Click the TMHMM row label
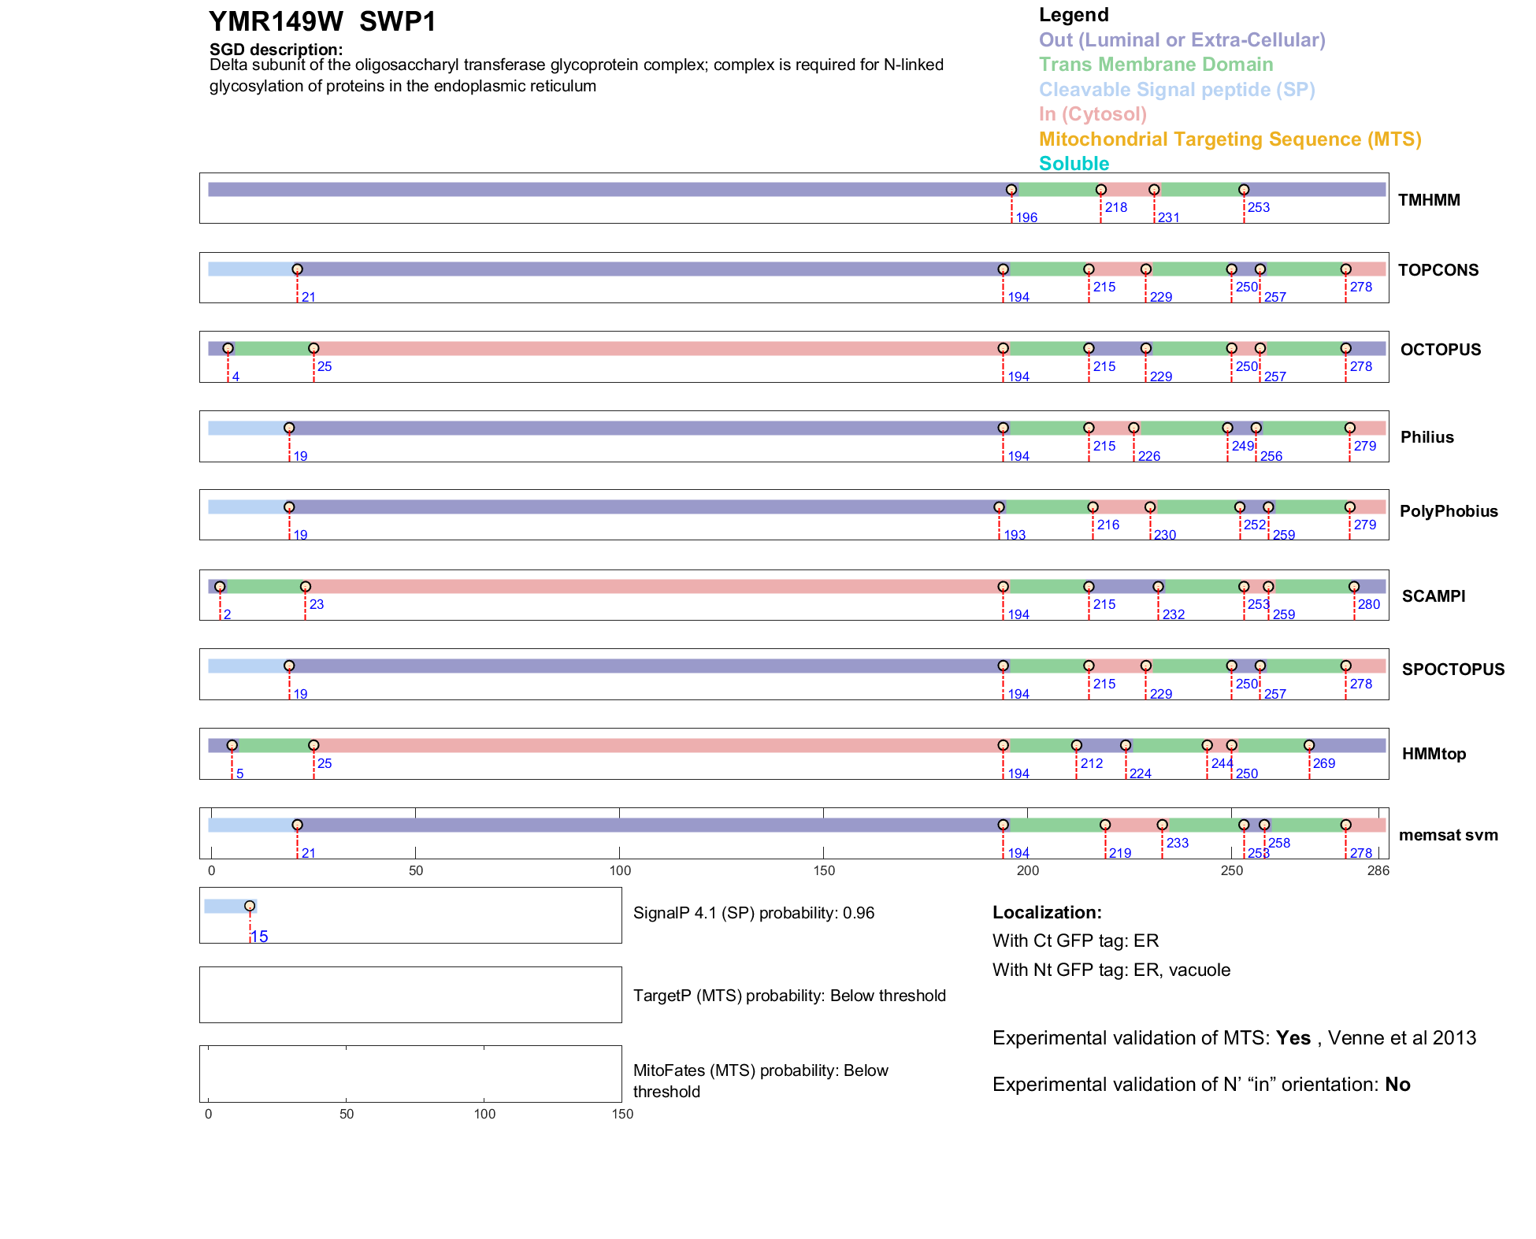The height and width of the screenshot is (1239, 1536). [x=1428, y=200]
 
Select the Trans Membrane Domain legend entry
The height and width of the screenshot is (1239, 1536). [x=1156, y=65]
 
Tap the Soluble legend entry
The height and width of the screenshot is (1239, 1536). [x=1074, y=164]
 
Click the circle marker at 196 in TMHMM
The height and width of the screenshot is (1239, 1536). [x=1011, y=190]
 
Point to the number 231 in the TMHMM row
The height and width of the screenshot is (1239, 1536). [x=1168, y=217]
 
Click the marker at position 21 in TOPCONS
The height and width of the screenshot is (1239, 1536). [x=297, y=269]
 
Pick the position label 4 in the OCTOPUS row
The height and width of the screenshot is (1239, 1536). [x=236, y=377]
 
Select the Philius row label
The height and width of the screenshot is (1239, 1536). [x=1427, y=437]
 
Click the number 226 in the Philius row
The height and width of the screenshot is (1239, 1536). [x=1148, y=456]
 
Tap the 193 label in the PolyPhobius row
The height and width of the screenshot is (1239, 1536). [x=1015, y=535]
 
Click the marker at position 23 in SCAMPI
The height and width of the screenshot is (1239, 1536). [x=306, y=587]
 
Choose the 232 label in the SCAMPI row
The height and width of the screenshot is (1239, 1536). [x=1173, y=614]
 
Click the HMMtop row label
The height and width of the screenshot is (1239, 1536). [x=1434, y=754]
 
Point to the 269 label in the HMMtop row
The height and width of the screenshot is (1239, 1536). [x=1323, y=763]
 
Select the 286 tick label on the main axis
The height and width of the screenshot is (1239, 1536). [x=1378, y=870]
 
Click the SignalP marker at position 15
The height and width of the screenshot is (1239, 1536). [x=250, y=906]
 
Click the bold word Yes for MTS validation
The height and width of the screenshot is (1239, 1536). [x=1293, y=1038]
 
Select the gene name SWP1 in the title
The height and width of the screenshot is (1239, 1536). [x=398, y=22]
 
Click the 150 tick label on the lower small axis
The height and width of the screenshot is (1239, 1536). [x=622, y=1114]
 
